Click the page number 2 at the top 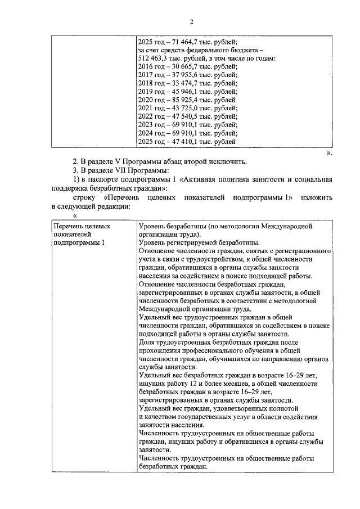point(191,22)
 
